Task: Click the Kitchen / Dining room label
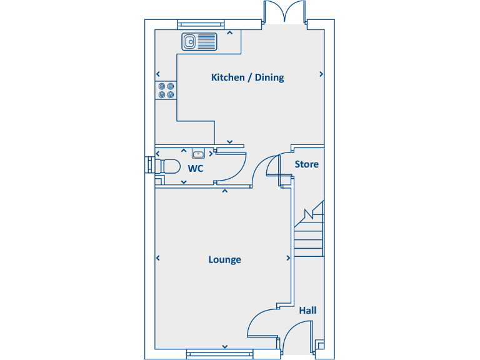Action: [247, 77]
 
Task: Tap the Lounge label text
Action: [224, 259]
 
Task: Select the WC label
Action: [196, 169]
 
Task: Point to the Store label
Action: [306, 164]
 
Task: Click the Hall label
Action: [307, 310]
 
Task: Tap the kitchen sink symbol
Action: [199, 42]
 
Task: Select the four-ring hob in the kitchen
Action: [166, 91]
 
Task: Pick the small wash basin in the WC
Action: [199, 153]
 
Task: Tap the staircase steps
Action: [309, 234]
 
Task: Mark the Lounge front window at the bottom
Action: [220, 354]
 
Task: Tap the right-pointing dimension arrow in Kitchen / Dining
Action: [321, 74]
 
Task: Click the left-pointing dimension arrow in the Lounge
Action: [158, 257]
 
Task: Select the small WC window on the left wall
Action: [149, 165]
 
